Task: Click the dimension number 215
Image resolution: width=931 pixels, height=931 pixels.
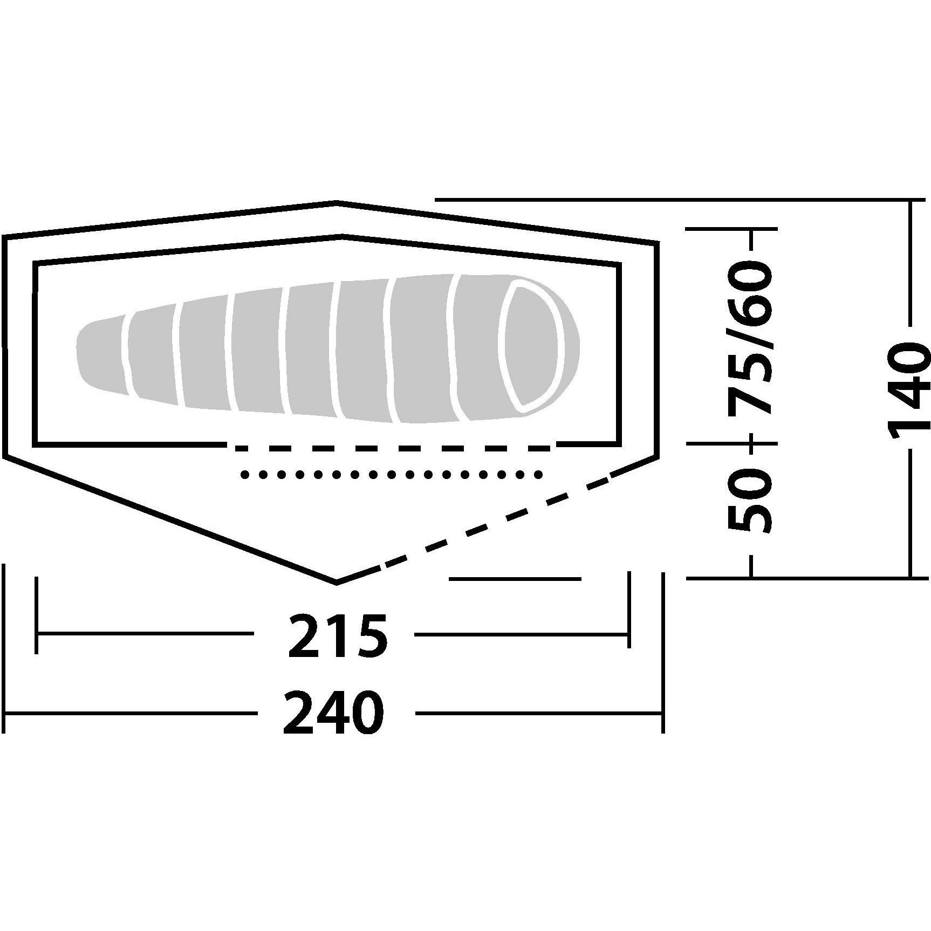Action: pos(338,636)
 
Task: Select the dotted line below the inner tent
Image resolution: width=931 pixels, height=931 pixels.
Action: pos(391,475)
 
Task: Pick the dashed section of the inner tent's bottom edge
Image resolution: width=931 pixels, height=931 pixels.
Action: pos(391,447)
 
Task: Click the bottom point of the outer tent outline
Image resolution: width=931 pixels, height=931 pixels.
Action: pos(337,583)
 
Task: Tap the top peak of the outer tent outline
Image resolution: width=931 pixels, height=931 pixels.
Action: pos(337,203)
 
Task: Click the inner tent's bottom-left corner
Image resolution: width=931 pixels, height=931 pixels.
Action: pos(36,446)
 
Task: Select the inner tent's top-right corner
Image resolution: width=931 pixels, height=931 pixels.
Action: pos(619,264)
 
